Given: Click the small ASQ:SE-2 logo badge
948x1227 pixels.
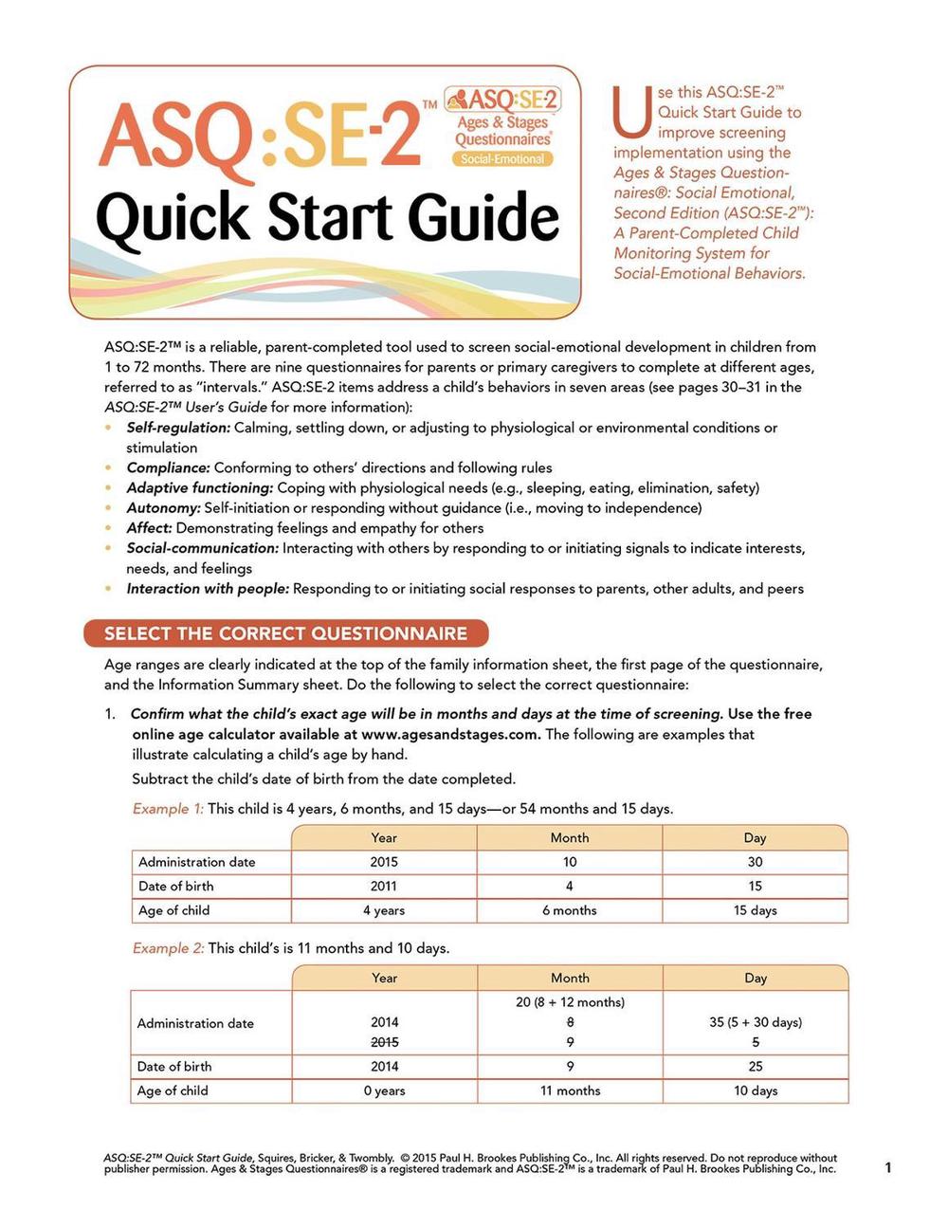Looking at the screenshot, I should (x=502, y=126).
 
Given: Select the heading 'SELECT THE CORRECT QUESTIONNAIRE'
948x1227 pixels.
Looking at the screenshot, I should (x=285, y=633).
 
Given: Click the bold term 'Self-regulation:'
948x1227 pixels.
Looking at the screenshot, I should (x=178, y=428).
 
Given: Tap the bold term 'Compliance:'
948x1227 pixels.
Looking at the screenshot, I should (x=169, y=467).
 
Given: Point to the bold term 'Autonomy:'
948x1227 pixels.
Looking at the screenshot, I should (x=163, y=508).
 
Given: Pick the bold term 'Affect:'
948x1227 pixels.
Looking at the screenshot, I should (x=150, y=528).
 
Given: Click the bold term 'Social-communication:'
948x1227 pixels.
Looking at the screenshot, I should (x=203, y=548).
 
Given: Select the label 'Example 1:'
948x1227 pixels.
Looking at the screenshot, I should (x=168, y=809).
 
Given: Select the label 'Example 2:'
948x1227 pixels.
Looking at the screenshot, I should (x=168, y=948).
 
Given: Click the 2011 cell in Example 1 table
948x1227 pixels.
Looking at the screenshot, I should (x=384, y=887).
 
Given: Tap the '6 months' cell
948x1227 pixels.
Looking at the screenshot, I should (x=570, y=910).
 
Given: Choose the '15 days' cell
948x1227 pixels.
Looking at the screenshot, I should (x=755, y=910).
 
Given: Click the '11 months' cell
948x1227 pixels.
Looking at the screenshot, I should (x=570, y=1090).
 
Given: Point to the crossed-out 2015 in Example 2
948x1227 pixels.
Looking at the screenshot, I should (x=385, y=1042).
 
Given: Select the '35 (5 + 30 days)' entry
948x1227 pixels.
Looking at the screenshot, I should (x=755, y=1022).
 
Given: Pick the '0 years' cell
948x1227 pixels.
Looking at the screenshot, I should (x=385, y=1090).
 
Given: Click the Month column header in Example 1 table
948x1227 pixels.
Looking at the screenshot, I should (x=570, y=837).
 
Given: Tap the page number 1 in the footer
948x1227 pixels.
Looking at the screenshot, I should (x=888, y=1167).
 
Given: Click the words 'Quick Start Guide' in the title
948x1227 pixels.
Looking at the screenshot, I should (x=327, y=217).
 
